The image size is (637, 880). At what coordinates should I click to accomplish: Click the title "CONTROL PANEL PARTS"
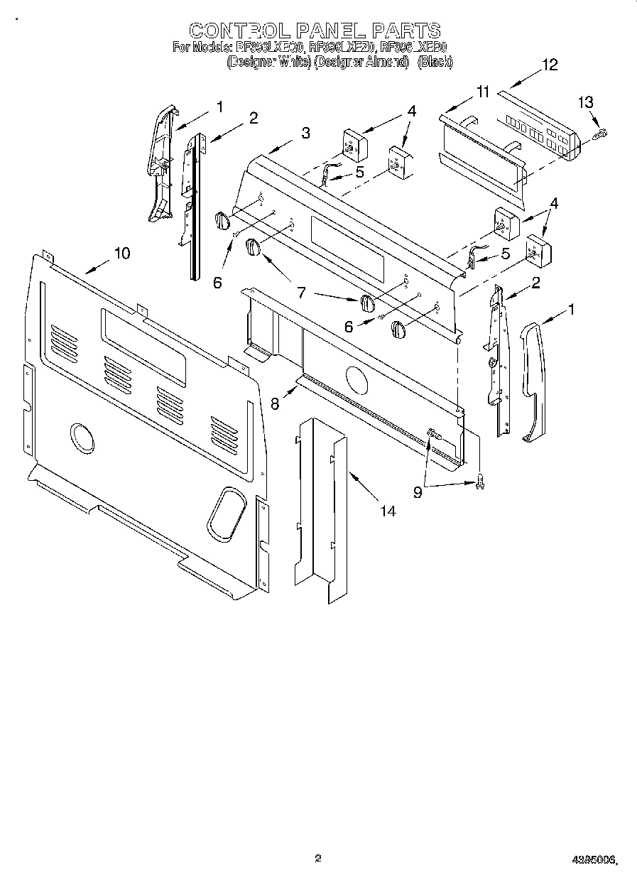point(315,30)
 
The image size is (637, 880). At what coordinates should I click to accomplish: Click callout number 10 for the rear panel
point(121,253)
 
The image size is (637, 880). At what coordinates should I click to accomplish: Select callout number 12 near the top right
point(550,65)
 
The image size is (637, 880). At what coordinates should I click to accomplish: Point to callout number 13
point(584,102)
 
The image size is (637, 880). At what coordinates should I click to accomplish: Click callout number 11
point(483,92)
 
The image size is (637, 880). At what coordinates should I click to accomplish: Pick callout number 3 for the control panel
point(305,132)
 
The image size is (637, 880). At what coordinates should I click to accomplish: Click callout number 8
point(276,403)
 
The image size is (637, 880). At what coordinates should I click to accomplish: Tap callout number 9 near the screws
point(418,491)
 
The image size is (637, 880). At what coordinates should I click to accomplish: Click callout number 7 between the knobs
point(301,291)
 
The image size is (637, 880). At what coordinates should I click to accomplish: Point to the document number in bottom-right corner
point(594,860)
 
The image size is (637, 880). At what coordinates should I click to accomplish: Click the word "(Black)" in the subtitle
point(435,63)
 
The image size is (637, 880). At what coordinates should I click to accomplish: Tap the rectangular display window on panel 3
point(347,249)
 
